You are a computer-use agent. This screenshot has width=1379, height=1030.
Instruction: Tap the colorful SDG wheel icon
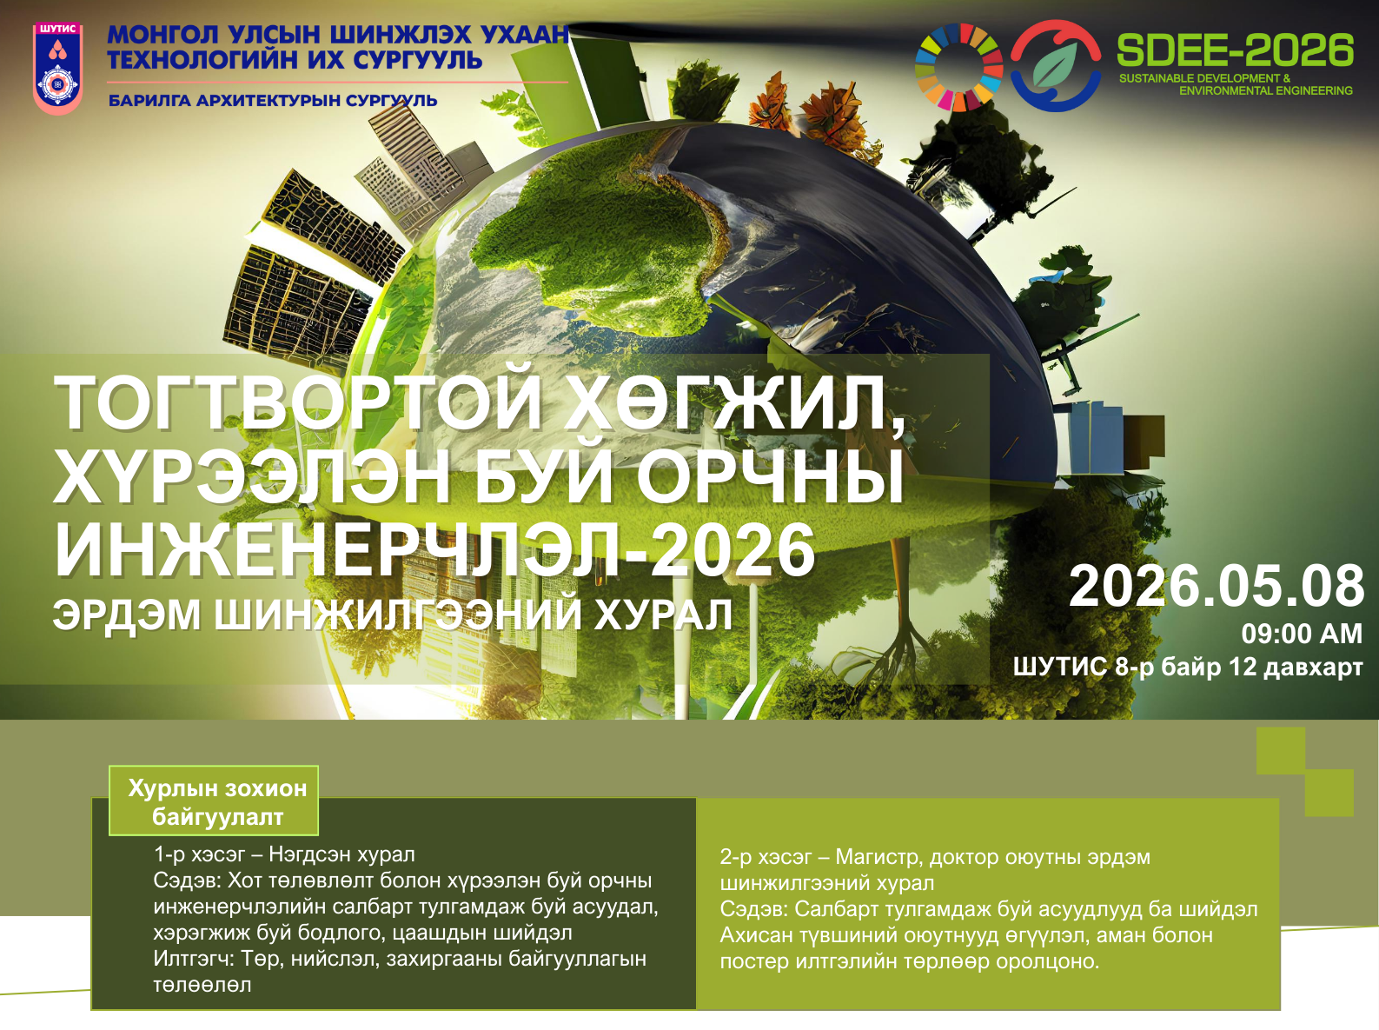pos(958,67)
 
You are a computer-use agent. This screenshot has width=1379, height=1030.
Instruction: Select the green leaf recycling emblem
pos(1056,66)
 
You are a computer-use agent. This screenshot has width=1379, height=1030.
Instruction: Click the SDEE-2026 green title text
pos(1235,50)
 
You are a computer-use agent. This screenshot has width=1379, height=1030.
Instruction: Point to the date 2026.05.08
pos(1217,586)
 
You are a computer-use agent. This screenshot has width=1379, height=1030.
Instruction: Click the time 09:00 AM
pos(1302,634)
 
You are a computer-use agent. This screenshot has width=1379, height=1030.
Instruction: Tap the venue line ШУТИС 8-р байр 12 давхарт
pos(1188,667)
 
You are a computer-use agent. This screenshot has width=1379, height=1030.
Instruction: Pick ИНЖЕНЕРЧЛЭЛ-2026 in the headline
pos(434,550)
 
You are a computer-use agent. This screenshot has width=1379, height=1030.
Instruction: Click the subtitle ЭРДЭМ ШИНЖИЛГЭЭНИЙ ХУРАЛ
pos(393,615)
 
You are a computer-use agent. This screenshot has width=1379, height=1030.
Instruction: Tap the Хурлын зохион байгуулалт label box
pos(214,801)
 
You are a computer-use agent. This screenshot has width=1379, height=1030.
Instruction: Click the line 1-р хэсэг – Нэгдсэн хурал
pos(285,854)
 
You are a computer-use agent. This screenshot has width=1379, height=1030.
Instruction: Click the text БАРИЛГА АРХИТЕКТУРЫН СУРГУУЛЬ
pos(273,101)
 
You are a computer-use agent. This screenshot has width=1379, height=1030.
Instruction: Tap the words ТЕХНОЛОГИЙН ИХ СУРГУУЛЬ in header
pos(295,60)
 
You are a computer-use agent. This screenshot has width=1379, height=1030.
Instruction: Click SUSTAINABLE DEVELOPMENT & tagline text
pos(1204,78)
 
